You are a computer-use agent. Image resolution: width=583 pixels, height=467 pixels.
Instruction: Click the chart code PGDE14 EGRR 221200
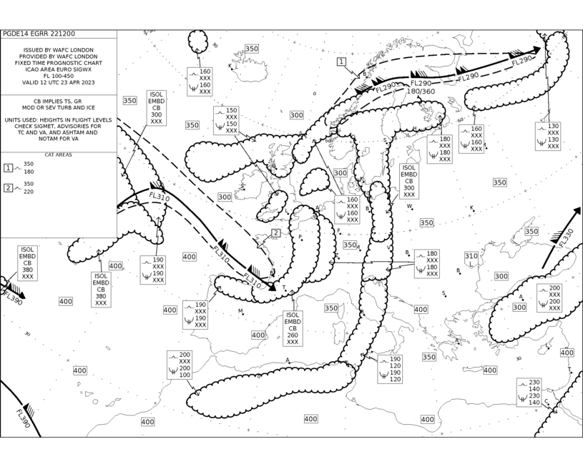click(39, 34)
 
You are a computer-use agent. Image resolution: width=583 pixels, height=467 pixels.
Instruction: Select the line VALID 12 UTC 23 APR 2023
click(59, 82)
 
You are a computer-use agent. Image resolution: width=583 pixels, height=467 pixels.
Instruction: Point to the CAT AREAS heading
click(59, 154)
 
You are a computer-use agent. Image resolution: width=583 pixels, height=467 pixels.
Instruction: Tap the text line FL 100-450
click(59, 76)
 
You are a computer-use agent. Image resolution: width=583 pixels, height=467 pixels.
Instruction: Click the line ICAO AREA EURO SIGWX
click(59, 69)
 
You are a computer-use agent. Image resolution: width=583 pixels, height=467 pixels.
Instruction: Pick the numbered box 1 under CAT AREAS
click(8, 168)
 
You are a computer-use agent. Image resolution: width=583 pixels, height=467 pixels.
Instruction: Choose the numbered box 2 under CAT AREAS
click(8, 188)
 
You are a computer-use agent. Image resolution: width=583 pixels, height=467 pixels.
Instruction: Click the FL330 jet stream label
click(566, 237)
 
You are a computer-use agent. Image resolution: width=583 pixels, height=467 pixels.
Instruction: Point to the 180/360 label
click(421, 91)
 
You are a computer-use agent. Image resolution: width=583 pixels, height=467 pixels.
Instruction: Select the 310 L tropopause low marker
click(471, 260)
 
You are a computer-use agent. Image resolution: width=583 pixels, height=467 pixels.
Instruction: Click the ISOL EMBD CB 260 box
click(293, 329)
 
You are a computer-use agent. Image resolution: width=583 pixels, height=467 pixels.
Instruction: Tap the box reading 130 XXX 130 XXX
click(548, 136)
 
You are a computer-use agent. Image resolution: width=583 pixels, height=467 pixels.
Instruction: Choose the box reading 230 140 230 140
click(529, 392)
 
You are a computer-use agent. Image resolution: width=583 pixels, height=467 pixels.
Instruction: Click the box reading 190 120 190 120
click(390, 369)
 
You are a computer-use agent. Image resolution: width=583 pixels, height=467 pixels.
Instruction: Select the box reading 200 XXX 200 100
click(180, 365)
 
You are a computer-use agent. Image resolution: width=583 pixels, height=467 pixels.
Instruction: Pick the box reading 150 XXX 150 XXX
click(226, 120)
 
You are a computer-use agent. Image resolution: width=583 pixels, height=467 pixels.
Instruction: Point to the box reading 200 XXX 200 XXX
click(549, 298)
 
